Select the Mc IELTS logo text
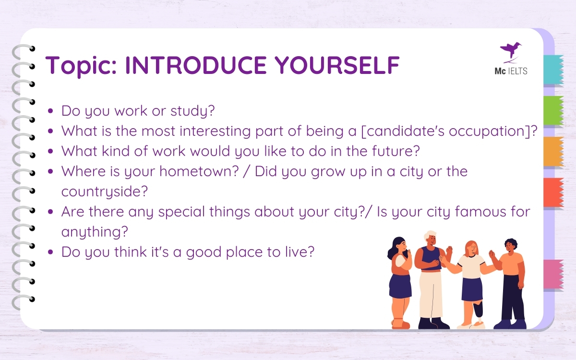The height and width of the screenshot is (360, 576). click(x=511, y=71)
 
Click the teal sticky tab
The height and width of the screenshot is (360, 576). click(x=553, y=70)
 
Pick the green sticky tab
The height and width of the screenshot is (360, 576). click(x=553, y=110)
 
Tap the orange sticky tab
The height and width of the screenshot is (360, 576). click(x=553, y=152)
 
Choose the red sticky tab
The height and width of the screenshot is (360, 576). click(x=553, y=192)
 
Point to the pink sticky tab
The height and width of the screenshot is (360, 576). click(x=553, y=274)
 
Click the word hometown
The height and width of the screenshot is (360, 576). click(x=199, y=171)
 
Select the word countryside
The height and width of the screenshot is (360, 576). click(x=105, y=192)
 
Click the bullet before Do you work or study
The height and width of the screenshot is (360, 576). click(x=50, y=111)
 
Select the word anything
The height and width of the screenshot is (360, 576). click(x=95, y=232)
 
